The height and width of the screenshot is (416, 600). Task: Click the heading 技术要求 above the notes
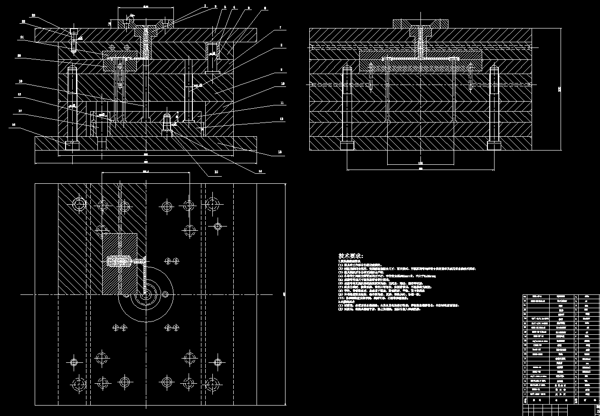pyautogui.click(x=350, y=256)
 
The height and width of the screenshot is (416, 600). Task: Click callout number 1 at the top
pyautogui.click(x=205, y=6)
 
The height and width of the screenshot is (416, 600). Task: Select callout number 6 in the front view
pyautogui.click(x=265, y=9)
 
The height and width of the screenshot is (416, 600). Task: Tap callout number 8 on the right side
pyautogui.click(x=281, y=46)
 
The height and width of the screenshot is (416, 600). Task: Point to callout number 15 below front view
pyautogui.click(x=216, y=171)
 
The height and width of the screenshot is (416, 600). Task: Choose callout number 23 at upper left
pyautogui.click(x=33, y=15)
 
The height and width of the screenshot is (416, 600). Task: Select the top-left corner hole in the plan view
pyautogui.click(x=78, y=205)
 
